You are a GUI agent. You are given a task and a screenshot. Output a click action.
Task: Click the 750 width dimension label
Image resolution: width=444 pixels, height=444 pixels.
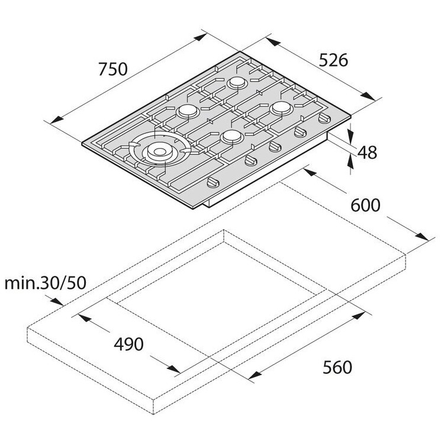pos(113,69)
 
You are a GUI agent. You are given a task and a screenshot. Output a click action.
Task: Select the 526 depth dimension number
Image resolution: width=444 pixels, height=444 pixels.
pos(333,60)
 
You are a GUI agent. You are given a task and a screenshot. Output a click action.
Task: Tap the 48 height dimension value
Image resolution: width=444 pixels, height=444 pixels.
pos(367,153)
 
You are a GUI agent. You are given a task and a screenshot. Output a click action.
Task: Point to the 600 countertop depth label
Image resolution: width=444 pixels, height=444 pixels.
pos(365,205)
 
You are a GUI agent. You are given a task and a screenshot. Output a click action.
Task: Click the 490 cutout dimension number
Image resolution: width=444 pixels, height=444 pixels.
pos(128,344)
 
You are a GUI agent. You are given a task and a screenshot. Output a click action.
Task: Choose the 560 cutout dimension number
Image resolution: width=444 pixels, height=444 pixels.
pos(337,367)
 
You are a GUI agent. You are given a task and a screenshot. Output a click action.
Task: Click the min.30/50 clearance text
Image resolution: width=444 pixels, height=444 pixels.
pos(46,282)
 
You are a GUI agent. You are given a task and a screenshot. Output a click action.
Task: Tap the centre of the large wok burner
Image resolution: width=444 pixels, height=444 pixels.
pos(160,152)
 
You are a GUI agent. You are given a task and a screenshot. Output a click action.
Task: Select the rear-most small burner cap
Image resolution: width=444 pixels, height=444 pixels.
pos(237,82)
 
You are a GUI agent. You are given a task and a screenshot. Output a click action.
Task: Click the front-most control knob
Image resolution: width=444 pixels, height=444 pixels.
pos(213,182)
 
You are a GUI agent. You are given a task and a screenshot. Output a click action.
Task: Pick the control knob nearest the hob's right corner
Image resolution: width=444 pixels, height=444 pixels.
pos(324,118)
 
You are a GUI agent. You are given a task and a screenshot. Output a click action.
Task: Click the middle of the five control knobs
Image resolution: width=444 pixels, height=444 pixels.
pos(275,146)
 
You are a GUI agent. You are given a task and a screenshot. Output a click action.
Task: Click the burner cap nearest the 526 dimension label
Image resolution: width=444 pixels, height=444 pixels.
pos(281,108)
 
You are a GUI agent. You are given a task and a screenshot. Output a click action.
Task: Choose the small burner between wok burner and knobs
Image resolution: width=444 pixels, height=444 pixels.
pos(232,137)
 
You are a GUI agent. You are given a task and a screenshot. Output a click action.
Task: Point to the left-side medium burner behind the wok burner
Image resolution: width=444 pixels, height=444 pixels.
pos(188,111)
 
